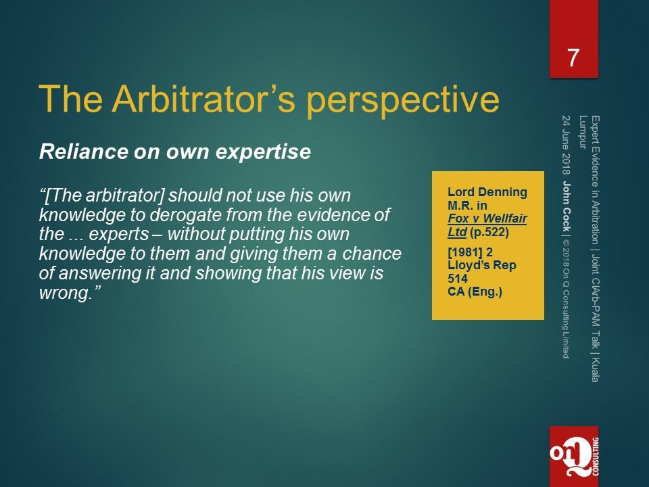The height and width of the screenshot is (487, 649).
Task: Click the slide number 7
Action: [x=573, y=58]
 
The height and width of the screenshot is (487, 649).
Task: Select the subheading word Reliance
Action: [x=83, y=152]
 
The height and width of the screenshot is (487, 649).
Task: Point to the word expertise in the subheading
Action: [x=263, y=153]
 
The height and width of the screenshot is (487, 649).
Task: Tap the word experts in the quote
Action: [x=119, y=235]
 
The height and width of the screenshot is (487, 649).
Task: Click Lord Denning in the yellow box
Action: [x=487, y=192]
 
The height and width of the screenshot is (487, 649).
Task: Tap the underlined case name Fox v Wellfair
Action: [x=487, y=218]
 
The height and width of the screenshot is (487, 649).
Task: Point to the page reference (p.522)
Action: [x=489, y=232]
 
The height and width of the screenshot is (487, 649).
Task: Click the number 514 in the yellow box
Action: [x=458, y=279]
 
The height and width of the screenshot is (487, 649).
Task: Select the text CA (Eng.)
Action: [x=475, y=292]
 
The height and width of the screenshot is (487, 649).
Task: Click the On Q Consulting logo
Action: [x=574, y=457]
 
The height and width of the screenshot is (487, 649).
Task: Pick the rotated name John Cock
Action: [x=567, y=206]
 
